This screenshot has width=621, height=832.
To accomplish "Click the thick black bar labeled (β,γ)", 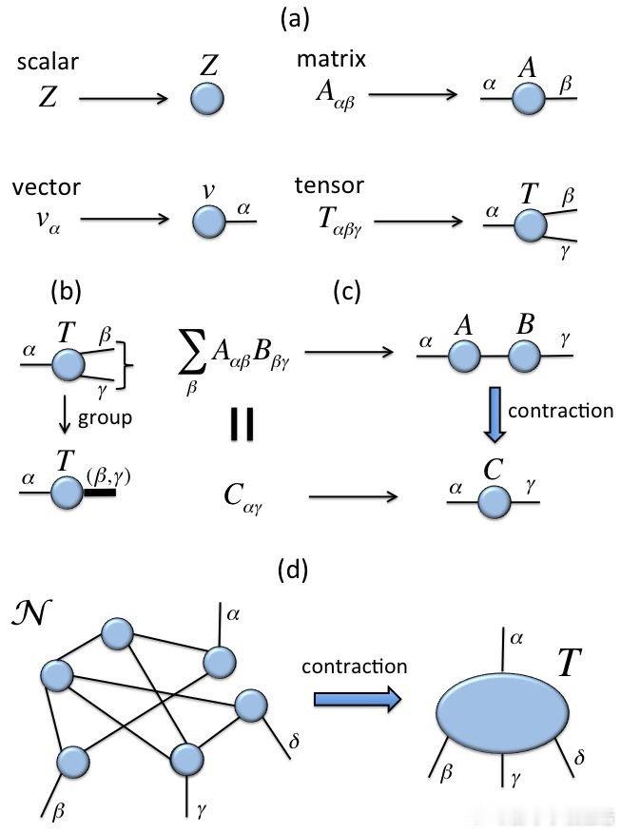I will click(99, 493).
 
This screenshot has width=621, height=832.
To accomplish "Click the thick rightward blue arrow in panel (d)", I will click(358, 700).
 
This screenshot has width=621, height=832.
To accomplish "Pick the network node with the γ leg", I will click(188, 759).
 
